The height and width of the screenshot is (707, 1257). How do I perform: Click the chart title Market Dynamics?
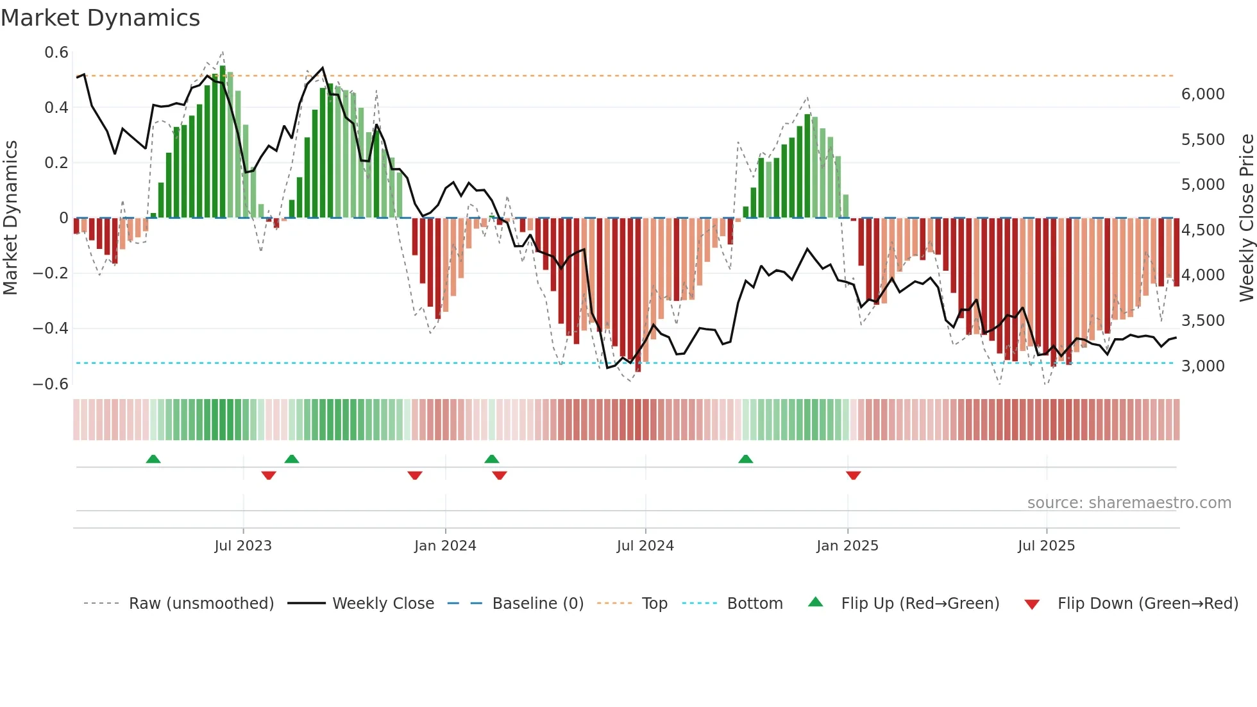(100, 18)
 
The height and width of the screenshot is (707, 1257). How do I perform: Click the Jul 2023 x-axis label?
(243, 546)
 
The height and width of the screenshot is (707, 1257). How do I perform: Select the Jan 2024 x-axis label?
(445, 546)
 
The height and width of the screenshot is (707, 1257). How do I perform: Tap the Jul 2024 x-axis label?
(645, 546)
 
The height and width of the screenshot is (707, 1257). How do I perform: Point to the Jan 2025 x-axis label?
(847, 546)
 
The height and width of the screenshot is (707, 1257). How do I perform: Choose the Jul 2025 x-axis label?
(1046, 546)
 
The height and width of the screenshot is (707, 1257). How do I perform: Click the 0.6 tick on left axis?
(56, 53)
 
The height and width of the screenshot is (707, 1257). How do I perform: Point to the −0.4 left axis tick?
(51, 328)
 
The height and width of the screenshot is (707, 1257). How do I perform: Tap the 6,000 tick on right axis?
(1202, 94)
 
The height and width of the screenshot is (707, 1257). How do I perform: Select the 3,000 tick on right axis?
(1202, 366)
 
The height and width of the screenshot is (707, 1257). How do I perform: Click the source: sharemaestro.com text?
(1129, 503)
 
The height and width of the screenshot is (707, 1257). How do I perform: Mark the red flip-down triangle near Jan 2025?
(853, 475)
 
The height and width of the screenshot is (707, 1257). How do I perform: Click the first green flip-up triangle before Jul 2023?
(153, 459)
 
